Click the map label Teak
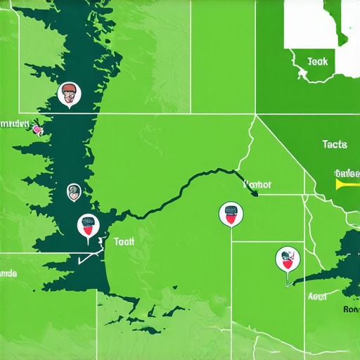(317, 62)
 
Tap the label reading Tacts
(335, 144)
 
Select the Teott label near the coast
(124, 240)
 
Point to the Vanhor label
(257, 185)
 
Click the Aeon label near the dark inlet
(317, 297)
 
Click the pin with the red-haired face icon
(69, 94)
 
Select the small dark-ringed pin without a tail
(73, 191)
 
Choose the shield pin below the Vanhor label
(231, 213)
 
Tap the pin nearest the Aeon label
(287, 259)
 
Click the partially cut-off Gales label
(347, 173)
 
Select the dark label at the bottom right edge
(352, 308)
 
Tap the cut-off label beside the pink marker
(14, 124)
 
